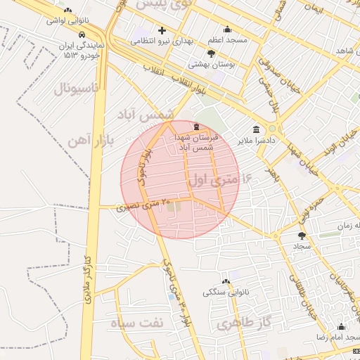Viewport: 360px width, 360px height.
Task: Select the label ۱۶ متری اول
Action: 219,180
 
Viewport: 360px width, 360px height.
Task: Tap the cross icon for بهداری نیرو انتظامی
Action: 162,31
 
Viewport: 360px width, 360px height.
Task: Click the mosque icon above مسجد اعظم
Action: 227,30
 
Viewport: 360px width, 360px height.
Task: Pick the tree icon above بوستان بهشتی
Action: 211,53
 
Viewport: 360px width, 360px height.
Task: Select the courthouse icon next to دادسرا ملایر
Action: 255,130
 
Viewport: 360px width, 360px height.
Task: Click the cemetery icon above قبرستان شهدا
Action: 195,126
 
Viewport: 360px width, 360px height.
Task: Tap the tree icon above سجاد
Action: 302,236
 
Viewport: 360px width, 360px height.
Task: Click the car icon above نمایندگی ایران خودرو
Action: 83,34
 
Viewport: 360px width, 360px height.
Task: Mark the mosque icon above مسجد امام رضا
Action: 342,327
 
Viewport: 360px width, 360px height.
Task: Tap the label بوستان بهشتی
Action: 211,64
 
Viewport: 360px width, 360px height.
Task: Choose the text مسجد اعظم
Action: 226,40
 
